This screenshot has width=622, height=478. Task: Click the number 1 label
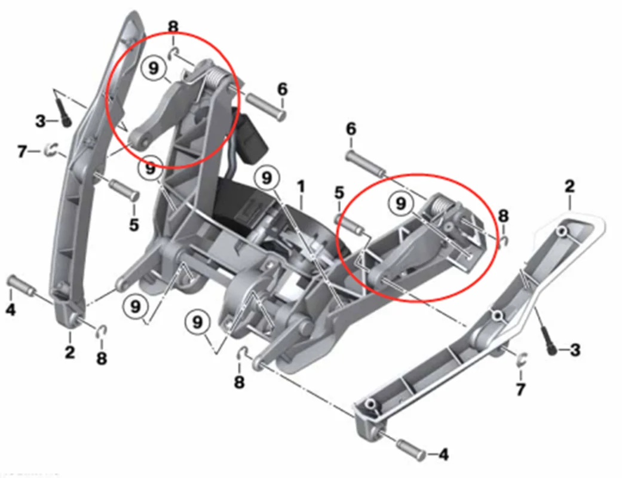(301, 186)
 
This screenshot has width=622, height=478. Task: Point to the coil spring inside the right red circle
(442, 205)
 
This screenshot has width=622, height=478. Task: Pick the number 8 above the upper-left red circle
(173, 27)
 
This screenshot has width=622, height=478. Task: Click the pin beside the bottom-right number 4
(410, 449)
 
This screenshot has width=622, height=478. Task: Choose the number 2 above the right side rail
(569, 186)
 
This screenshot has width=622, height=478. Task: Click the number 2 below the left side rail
(69, 352)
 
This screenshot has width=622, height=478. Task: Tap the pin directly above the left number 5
(124, 189)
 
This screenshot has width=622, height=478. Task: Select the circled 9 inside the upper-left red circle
(153, 68)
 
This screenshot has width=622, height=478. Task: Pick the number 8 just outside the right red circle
(502, 216)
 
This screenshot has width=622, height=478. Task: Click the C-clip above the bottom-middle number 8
(243, 353)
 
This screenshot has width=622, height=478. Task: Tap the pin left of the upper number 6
(266, 105)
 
